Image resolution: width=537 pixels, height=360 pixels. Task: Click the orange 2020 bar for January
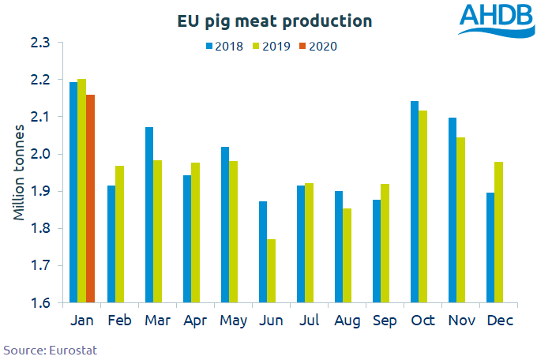tap(90, 199)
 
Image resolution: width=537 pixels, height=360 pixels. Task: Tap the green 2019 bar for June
tap(271, 271)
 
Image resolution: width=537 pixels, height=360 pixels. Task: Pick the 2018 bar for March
tap(149, 215)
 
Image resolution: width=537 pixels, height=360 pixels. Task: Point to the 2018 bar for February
tap(111, 244)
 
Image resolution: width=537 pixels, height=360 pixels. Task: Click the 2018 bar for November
tap(451, 210)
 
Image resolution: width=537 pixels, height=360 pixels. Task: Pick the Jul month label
tap(310, 321)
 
